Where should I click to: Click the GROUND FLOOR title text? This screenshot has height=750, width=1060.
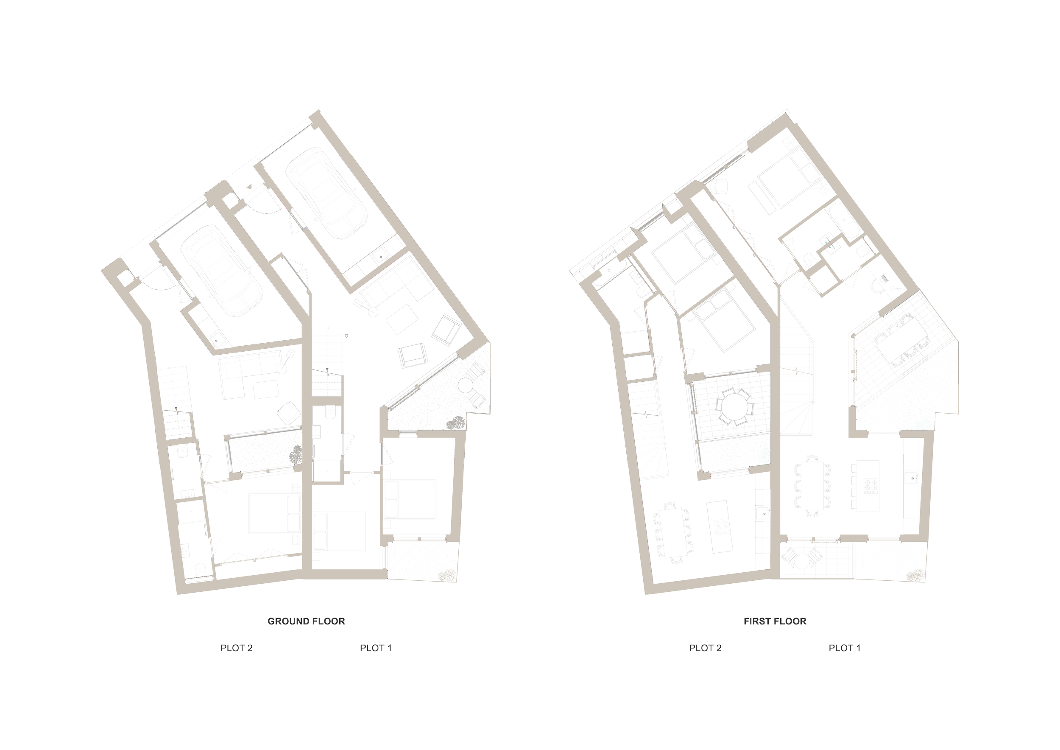tap(306, 621)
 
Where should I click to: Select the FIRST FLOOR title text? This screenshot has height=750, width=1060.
tap(775, 621)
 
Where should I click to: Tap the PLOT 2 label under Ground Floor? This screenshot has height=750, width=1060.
tap(236, 648)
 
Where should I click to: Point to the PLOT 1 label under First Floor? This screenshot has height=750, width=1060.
tap(845, 648)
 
